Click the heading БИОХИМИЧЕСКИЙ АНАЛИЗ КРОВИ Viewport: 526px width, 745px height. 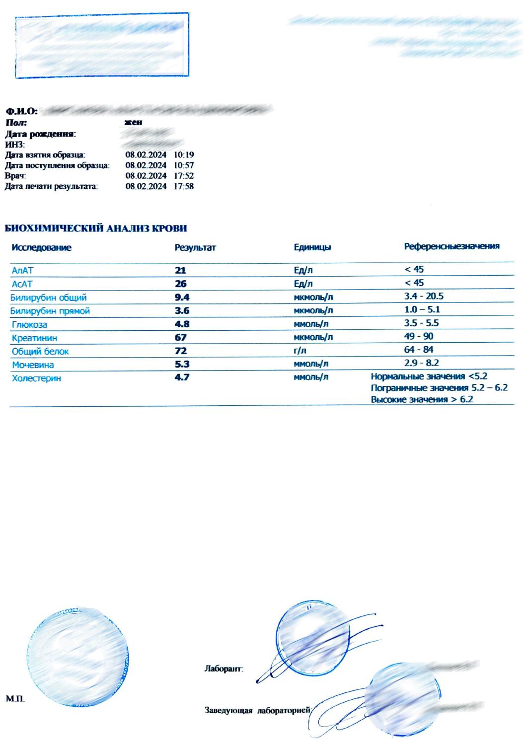(96, 229)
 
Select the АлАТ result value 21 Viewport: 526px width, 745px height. (180, 271)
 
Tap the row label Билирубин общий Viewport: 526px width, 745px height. (49, 298)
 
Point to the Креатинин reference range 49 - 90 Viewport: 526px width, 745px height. (419, 336)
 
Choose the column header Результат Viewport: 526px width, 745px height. (195, 247)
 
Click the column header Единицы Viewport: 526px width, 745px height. (312, 247)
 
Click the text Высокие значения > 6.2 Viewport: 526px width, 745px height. (422, 399)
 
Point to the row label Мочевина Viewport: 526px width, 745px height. (33, 365)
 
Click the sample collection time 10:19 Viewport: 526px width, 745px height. (184, 155)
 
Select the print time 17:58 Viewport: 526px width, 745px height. (184, 187)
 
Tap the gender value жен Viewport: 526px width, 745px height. (134, 122)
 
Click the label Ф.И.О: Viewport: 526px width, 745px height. (21, 110)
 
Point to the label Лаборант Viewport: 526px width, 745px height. (224, 669)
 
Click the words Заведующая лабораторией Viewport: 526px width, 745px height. (258, 711)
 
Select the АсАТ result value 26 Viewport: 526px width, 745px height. (180, 284)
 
